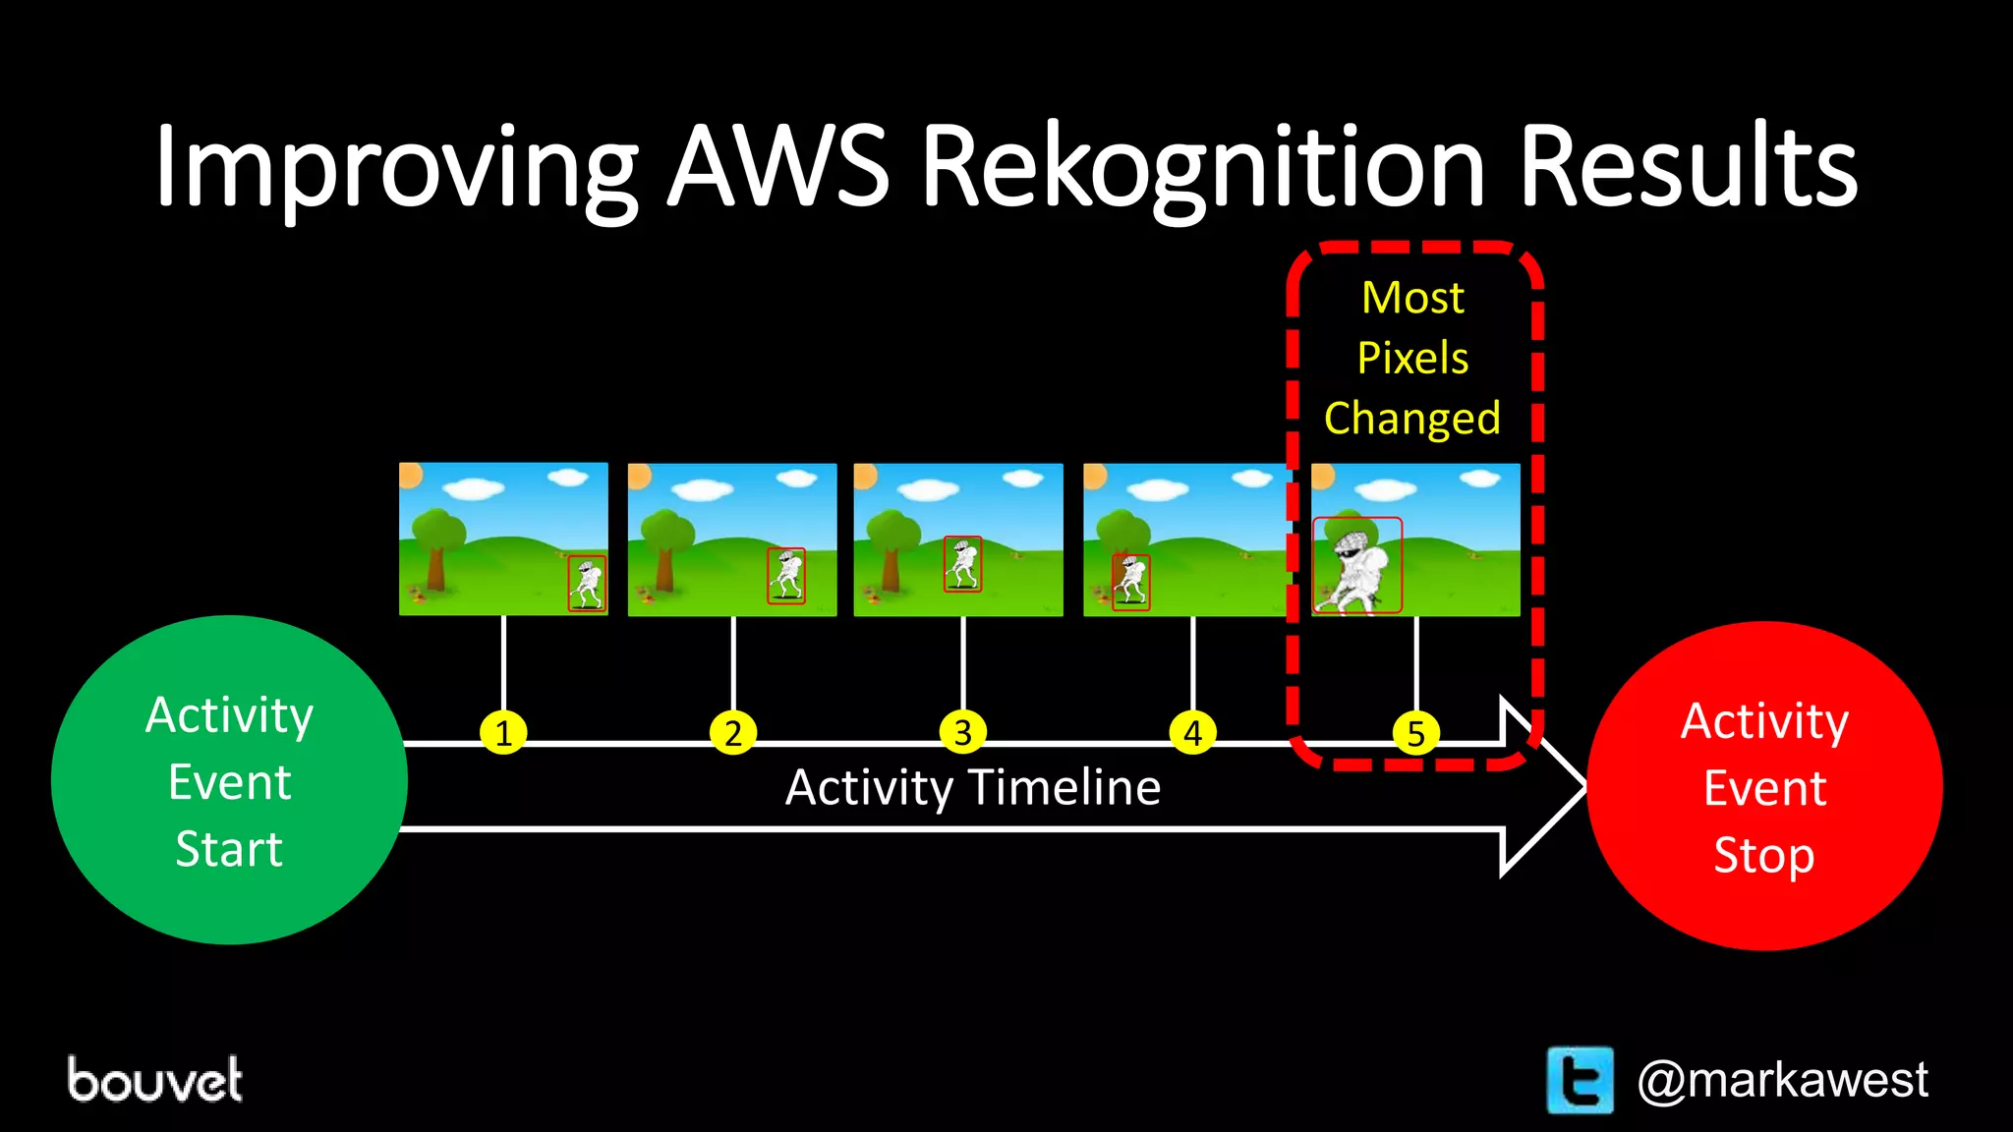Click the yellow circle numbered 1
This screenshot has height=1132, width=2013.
503,733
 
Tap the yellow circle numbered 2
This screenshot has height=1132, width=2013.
733,733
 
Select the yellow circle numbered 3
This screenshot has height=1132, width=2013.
963,733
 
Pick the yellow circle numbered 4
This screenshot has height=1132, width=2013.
1193,733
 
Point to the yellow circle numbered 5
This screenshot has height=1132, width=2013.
1416,733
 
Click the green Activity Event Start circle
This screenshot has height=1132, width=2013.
229,780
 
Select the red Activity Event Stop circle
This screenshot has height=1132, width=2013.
1764,786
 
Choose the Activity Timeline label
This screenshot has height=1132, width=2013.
973,787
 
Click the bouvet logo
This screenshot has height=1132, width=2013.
155,1080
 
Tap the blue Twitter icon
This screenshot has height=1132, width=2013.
1580,1080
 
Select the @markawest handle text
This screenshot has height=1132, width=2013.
1782,1080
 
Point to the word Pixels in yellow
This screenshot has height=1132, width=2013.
1412,358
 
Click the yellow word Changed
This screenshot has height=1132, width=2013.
1412,419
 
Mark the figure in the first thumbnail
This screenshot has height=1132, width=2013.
587,584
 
